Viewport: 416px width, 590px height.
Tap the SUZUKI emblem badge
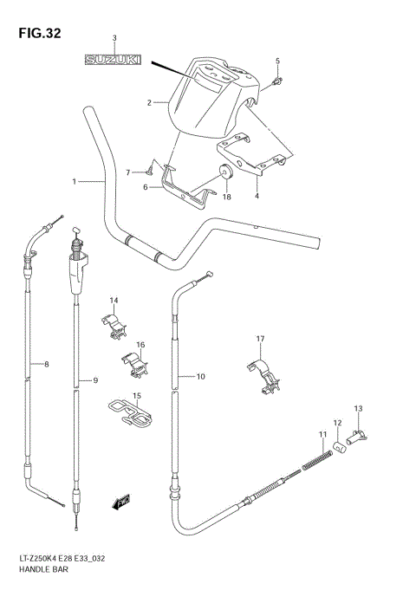(114, 61)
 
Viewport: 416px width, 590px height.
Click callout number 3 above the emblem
(114, 39)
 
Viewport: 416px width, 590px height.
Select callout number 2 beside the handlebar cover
(150, 103)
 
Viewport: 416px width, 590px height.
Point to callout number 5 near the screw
(278, 61)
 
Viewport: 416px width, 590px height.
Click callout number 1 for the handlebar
(75, 181)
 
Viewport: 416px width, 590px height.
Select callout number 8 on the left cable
(47, 364)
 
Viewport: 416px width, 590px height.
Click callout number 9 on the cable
(95, 380)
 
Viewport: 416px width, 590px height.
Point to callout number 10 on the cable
(200, 376)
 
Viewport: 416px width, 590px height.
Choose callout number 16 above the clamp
(140, 345)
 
